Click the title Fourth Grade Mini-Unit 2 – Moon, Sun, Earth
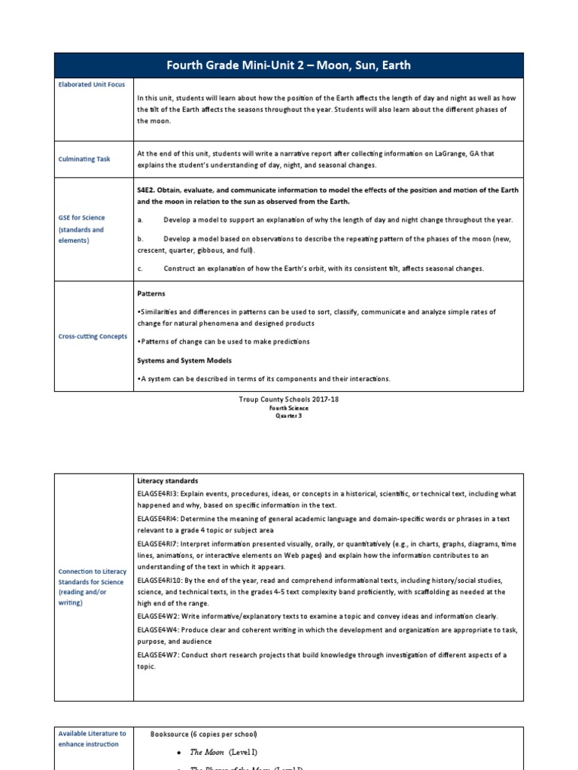coord(288,65)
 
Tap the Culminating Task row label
coord(84,159)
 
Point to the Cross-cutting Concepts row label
coord(93,336)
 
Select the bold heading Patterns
coord(151,293)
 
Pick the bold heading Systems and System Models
coord(184,360)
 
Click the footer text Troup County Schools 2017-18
coord(288,399)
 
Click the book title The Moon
coord(207,751)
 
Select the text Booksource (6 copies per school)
coord(203,733)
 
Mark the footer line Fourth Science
coord(288,408)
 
